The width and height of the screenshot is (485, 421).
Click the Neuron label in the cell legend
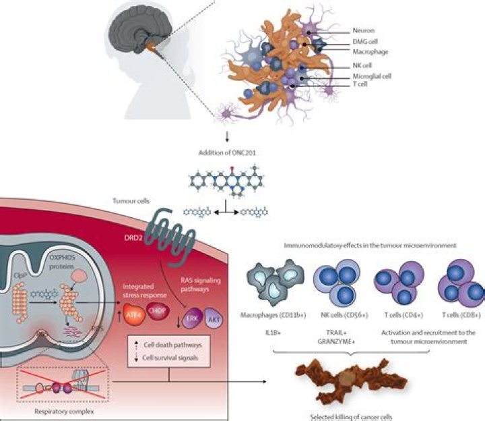[364, 31]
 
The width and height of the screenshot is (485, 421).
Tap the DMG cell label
[366, 42]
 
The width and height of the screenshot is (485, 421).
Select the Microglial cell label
[371, 77]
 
